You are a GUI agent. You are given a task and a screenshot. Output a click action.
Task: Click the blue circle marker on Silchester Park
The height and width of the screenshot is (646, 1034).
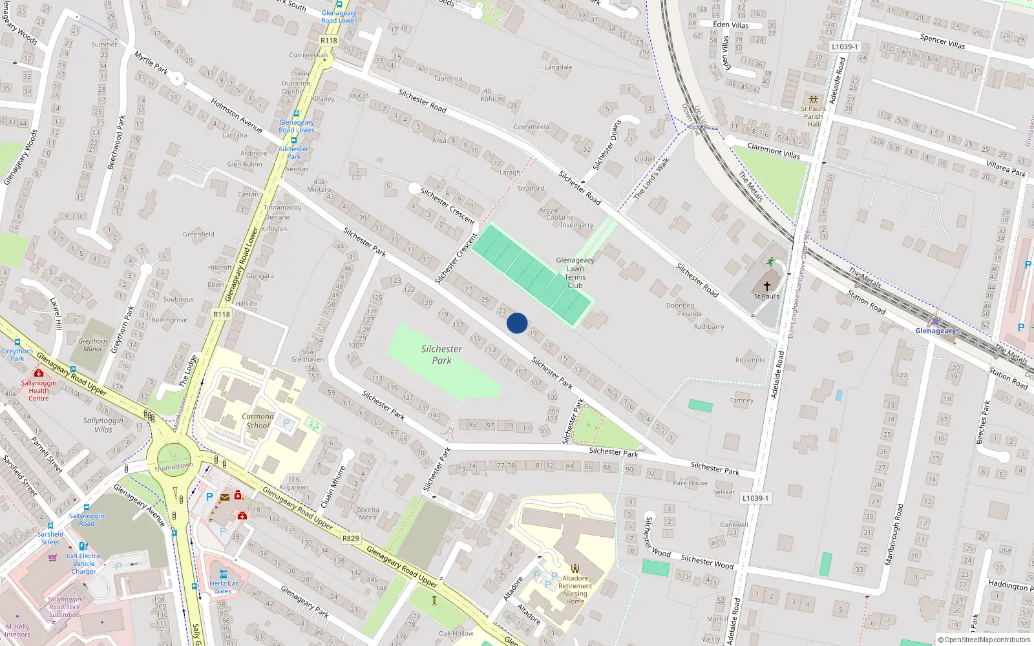pos(517,323)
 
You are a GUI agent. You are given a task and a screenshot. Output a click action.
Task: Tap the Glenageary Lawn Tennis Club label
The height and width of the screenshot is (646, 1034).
pos(575,273)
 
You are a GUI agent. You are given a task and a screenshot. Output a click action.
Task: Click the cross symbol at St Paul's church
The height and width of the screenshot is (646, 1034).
pos(767,286)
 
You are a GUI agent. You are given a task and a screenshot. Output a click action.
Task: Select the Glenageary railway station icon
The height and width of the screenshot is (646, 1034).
pos(935,320)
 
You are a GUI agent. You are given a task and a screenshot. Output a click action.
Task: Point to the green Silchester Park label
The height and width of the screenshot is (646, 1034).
pos(442,355)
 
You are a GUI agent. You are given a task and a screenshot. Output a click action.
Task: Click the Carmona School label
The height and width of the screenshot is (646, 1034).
pos(258,421)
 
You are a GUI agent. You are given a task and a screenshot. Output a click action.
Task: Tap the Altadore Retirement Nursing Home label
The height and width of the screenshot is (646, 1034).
pos(575,590)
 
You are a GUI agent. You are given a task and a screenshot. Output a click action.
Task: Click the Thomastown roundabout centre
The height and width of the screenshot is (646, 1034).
pos(173,459)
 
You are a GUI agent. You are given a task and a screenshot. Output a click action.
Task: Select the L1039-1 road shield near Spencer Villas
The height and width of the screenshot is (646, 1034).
pos(845,47)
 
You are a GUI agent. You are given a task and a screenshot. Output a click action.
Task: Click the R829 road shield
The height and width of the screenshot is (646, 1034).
pos(350,538)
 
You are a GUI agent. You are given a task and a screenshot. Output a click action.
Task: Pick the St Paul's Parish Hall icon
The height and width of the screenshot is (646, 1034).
pos(814,99)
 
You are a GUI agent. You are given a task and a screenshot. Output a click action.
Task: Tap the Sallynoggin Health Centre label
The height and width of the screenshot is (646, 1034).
pos(39,390)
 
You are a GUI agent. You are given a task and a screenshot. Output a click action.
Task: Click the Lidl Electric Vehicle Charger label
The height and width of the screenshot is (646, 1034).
pos(84,563)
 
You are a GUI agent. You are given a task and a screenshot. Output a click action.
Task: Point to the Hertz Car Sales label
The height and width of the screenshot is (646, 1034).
pos(224,587)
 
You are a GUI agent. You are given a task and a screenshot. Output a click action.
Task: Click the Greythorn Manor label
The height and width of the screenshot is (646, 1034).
pos(93,345)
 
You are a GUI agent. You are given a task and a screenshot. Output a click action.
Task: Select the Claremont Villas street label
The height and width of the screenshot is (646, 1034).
pos(774,151)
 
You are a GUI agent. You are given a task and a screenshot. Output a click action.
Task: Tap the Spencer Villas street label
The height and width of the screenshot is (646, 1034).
pos(942,42)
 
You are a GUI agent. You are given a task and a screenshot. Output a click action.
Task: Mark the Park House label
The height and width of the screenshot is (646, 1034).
pos(690,483)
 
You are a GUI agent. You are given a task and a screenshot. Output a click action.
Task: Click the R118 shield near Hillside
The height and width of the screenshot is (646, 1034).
pos(222,315)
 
